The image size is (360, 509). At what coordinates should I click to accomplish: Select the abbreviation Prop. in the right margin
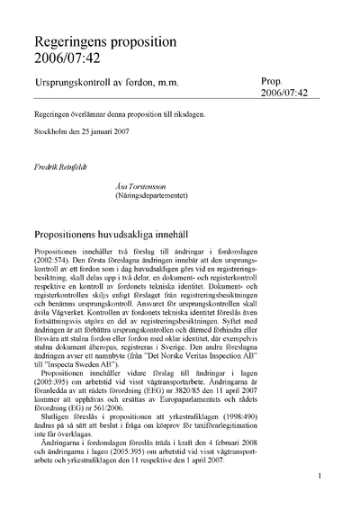coord(274,80)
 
